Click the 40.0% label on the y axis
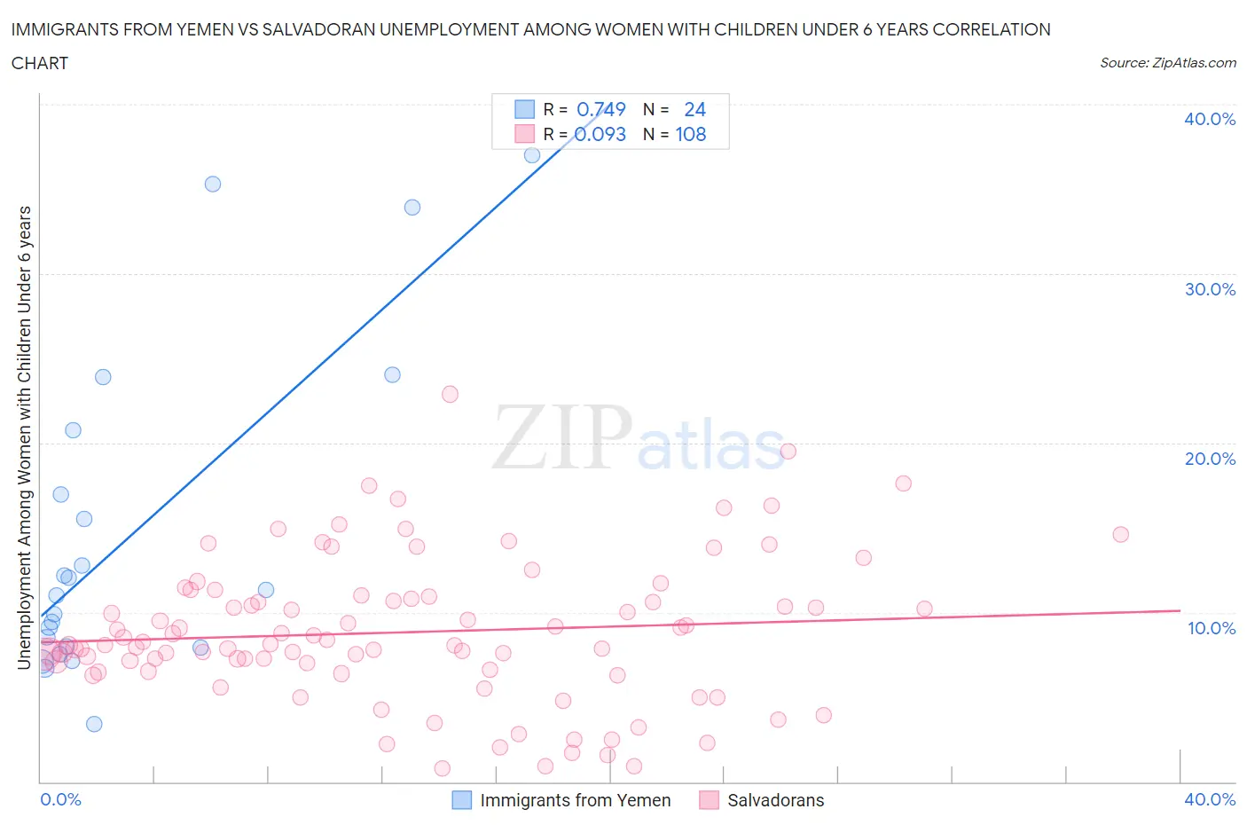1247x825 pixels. tap(1210, 119)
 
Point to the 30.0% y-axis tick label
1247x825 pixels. tap(1210, 289)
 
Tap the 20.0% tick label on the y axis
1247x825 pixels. tap(1210, 459)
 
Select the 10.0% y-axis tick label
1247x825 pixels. tap(1211, 628)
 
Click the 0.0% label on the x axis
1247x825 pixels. tap(60, 799)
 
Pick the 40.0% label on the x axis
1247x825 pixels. tap(1210, 799)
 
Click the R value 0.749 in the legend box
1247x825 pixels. tap(600, 109)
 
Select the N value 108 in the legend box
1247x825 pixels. tap(691, 134)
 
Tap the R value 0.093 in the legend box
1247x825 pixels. tap(600, 134)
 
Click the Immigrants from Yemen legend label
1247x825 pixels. tap(575, 800)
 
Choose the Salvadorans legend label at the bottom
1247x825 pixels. tap(775, 800)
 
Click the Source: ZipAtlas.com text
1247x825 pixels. tap(1167, 62)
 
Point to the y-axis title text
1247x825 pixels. tap(25, 437)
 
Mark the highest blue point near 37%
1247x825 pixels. tap(532, 155)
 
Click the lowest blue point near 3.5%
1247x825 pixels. tap(94, 724)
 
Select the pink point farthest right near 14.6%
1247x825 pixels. tap(1120, 534)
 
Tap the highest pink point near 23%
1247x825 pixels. tap(450, 394)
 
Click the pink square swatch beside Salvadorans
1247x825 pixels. tap(709, 800)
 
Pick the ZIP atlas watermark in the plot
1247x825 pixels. tap(639, 437)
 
